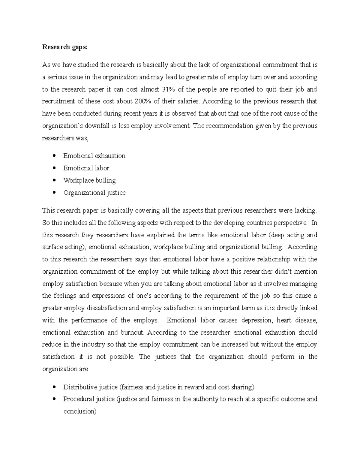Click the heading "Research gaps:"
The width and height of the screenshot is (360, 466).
(64, 47)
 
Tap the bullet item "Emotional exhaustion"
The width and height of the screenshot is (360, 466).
(94, 156)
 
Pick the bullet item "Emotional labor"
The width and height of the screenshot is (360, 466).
(86, 168)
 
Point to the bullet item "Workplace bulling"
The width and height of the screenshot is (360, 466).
(89, 181)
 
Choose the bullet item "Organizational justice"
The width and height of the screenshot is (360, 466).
(94, 193)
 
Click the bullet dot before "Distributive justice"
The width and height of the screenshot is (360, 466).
(54, 387)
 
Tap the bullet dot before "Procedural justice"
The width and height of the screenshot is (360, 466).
(54, 399)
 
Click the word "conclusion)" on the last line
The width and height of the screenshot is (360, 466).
(80, 411)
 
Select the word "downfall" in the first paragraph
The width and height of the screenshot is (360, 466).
(98, 126)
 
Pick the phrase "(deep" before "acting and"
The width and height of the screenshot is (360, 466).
(275, 235)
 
